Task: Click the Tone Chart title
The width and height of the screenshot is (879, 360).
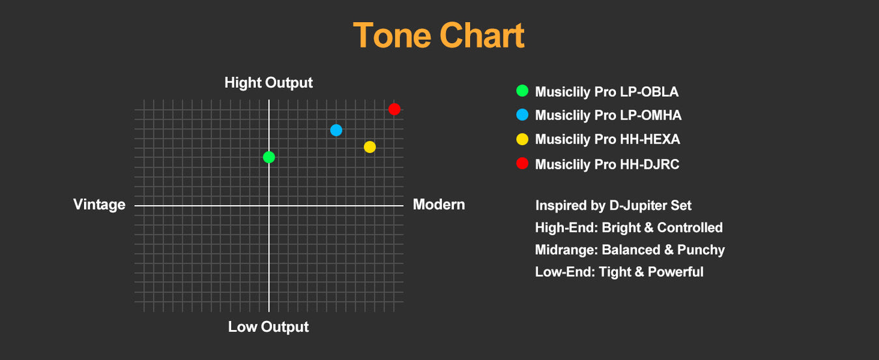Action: click(x=439, y=35)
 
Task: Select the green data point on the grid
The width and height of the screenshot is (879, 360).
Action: click(x=269, y=158)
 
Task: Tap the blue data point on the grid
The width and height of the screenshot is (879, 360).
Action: click(x=336, y=130)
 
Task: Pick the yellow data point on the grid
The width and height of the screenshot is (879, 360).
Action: click(x=370, y=147)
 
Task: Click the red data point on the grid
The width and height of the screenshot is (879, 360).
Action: click(x=395, y=109)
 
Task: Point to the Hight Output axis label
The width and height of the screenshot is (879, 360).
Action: click(x=268, y=83)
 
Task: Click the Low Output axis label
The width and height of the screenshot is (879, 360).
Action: click(x=268, y=327)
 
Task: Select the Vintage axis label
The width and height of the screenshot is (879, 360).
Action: click(x=99, y=204)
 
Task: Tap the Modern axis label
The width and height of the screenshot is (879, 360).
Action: click(x=439, y=204)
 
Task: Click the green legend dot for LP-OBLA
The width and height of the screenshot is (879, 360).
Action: click(x=522, y=90)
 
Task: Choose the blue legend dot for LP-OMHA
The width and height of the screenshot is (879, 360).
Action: click(x=522, y=115)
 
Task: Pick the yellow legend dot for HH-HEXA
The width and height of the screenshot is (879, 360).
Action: click(x=522, y=139)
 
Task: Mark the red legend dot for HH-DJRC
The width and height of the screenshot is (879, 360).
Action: click(x=522, y=163)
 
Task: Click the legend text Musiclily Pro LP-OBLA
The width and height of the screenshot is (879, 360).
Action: click(x=607, y=92)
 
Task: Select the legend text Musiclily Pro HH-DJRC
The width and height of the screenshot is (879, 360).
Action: click(x=607, y=164)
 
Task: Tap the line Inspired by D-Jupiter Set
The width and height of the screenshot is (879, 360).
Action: click(x=613, y=206)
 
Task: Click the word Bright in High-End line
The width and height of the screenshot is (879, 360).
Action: click(x=621, y=228)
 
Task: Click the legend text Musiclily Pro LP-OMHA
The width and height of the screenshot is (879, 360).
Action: click(x=608, y=115)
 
